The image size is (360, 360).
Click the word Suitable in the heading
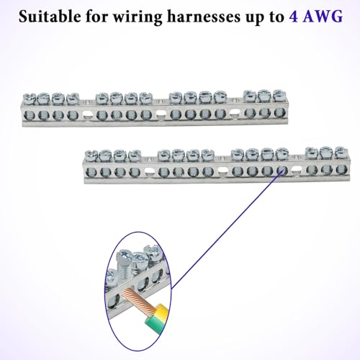click(50, 17)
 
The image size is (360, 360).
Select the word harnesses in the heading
click(204, 17)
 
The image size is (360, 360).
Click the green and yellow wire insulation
click(156, 316)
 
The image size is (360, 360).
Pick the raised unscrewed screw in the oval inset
click(124, 264)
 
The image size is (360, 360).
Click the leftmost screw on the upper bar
click(30, 99)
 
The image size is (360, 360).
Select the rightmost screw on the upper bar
click(279, 96)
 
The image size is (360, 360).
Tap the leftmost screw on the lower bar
click(91, 156)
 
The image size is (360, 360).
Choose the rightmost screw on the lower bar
click(341, 152)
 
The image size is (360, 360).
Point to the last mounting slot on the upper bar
click(235, 113)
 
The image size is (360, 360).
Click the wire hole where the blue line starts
click(282, 171)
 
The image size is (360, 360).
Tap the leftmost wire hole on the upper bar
click(30, 116)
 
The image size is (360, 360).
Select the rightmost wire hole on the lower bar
click(341, 169)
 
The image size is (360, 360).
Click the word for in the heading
click(96, 17)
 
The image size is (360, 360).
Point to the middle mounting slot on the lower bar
click(222, 171)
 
